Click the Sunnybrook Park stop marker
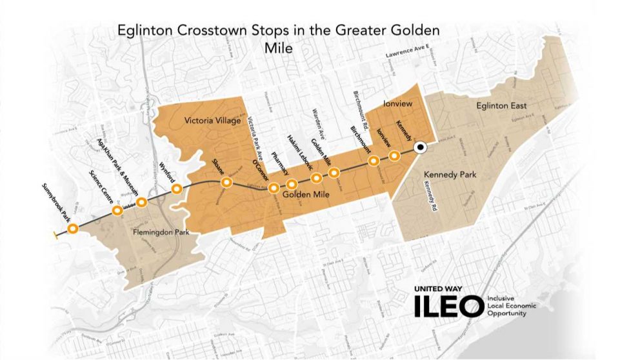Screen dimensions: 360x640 pos(73,228)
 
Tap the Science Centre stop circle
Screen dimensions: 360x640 pos(117,211)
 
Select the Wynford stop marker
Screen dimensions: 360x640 pos(177,189)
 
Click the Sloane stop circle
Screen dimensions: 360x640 pos(226,183)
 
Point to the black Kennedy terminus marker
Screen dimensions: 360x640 pos(419,148)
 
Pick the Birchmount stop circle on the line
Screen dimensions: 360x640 pos(373,161)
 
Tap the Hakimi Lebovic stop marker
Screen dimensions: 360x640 pos(291,184)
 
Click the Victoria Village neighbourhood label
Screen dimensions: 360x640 pos(212,121)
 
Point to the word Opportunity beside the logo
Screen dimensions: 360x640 pos(507,313)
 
